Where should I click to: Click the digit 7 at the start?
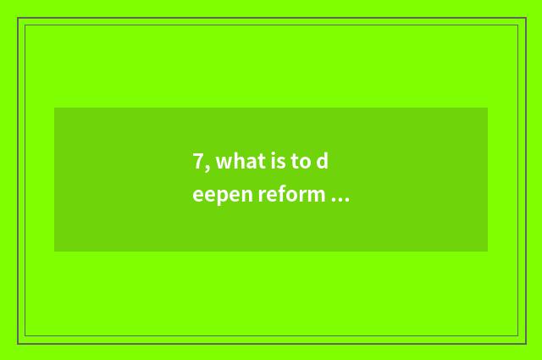coord(197,163)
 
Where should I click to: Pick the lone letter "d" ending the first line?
coord(322,163)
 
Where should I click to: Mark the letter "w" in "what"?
coord(221,163)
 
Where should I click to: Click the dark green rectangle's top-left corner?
coord(55,108)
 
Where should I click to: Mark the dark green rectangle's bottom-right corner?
coord(487,251)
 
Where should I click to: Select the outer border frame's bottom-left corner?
coord(18,343)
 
